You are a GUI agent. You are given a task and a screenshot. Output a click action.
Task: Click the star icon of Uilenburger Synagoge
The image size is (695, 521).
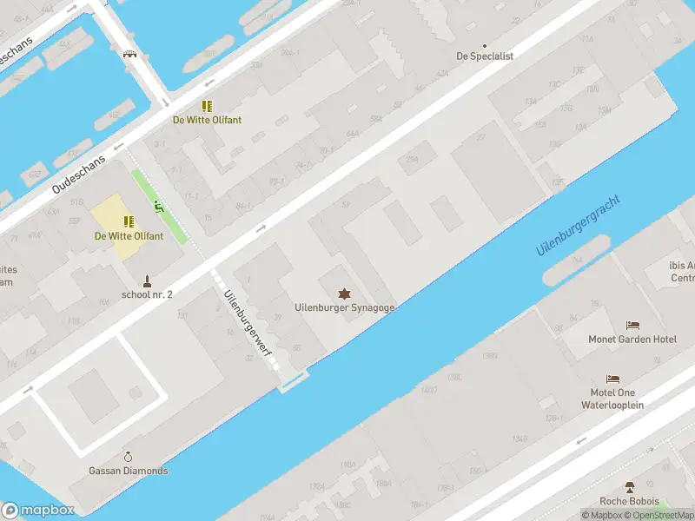coord(345,293)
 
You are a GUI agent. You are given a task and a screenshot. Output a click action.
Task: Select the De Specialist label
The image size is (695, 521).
coord(485,56)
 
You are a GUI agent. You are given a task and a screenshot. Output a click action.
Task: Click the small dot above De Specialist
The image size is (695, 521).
coord(485,44)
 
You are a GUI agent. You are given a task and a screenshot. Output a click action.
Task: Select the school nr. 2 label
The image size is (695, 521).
coord(147,294)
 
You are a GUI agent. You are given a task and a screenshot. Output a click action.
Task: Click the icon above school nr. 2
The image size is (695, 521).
coord(148,280)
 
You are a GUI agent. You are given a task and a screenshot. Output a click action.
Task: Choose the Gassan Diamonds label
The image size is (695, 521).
coord(129,471)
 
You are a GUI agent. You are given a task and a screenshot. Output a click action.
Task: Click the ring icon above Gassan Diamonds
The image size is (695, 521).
coord(129,457)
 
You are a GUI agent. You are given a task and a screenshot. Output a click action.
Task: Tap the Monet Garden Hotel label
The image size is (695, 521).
coord(632,339)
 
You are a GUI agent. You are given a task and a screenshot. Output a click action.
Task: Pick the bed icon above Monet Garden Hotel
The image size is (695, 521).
coord(632,325)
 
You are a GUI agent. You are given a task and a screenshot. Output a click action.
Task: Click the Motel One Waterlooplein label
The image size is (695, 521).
coord(612,399)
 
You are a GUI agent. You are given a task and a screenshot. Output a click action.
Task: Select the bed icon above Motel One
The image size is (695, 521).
coord(613,379)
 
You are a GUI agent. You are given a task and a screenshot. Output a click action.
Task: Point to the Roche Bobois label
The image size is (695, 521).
coord(629,501)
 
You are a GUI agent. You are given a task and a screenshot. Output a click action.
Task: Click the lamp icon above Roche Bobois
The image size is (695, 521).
coord(630,487)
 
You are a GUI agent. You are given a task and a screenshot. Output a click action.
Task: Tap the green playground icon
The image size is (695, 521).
coord(158,207)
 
